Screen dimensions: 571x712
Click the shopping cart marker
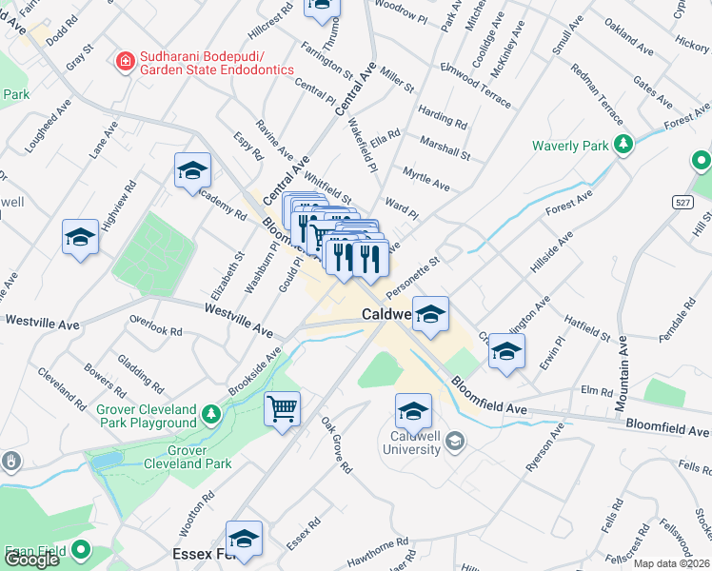(283, 409)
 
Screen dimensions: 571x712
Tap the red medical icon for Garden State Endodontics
(124, 62)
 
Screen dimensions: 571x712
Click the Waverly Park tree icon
(623, 145)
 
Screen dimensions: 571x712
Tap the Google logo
(31, 560)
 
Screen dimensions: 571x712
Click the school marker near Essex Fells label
(244, 538)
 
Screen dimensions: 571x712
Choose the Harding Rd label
(443, 118)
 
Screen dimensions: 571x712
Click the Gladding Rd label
(136, 374)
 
